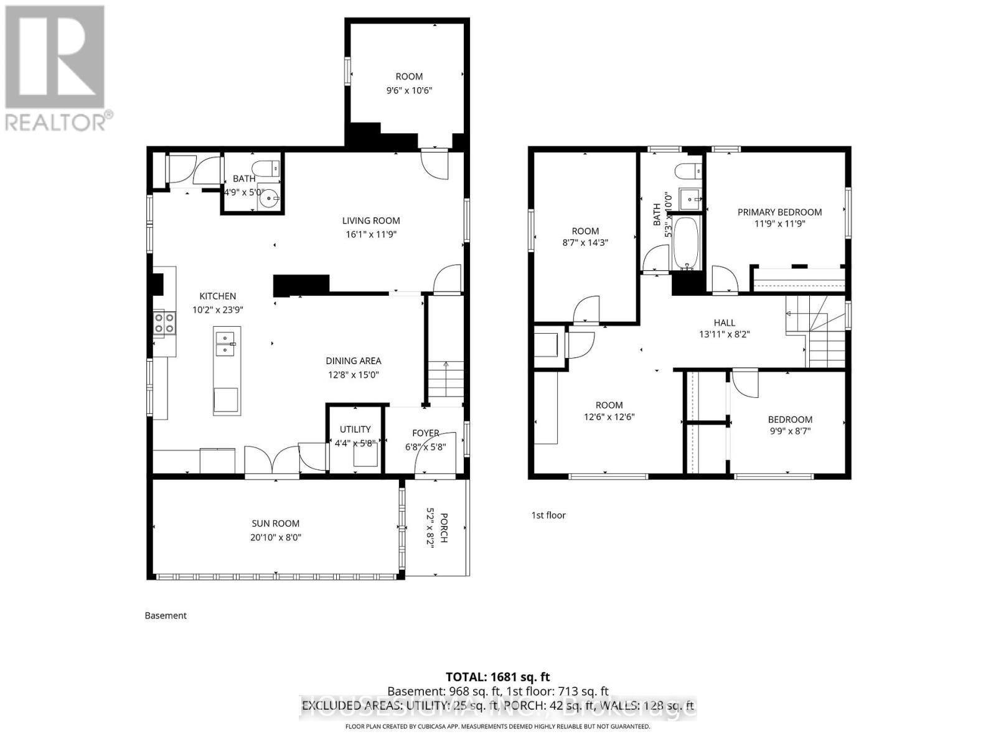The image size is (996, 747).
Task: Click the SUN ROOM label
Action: click(275, 524)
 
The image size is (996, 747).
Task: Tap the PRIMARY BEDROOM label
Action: click(779, 212)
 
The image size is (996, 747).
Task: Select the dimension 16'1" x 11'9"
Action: click(371, 235)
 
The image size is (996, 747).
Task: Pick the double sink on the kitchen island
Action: click(225, 344)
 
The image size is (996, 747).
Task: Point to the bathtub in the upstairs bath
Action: click(687, 243)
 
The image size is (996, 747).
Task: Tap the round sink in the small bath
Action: click(270, 200)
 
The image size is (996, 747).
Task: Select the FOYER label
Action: click(425, 433)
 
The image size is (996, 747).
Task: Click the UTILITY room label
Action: click(355, 429)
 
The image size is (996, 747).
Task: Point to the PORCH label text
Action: click(444, 528)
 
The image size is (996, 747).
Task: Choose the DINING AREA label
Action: click(353, 361)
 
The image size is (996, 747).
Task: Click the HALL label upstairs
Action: click(724, 322)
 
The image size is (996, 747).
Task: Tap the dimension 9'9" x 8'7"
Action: click(790, 431)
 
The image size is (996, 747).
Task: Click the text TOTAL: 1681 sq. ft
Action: click(497, 677)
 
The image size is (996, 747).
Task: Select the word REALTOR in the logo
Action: click(56, 122)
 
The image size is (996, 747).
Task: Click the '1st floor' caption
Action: click(548, 515)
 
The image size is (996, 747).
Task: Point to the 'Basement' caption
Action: click(166, 616)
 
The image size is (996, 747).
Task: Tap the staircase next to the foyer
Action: click(446, 383)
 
